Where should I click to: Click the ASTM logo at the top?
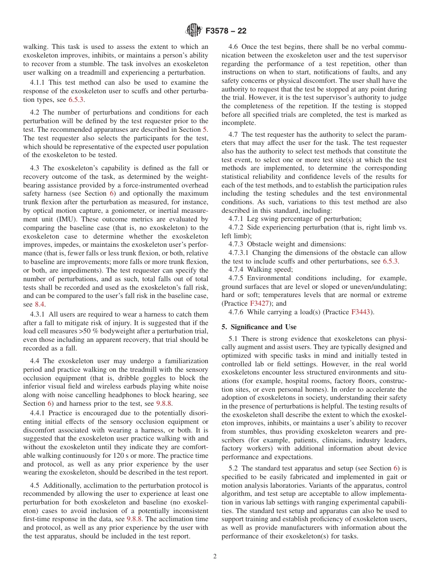tap(194, 31)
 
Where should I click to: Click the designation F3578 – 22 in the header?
tap(225, 31)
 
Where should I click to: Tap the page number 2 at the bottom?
tap(215, 557)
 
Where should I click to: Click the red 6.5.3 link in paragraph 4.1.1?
tap(76, 99)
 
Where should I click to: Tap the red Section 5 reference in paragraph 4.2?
tap(205, 130)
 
